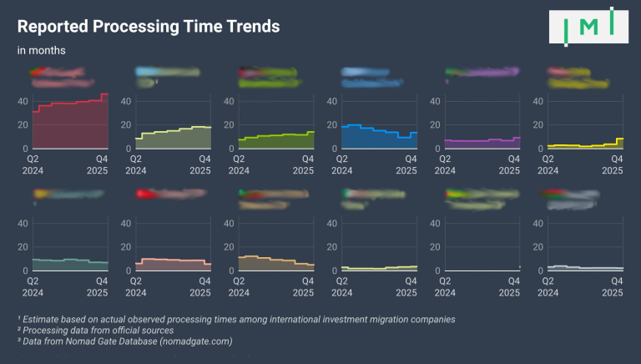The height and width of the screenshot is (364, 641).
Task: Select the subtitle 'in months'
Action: tap(42, 50)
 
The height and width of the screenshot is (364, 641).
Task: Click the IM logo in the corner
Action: tap(588, 26)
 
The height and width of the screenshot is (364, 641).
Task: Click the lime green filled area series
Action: tap(275, 140)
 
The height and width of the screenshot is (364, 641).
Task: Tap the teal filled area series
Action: tap(70, 265)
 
